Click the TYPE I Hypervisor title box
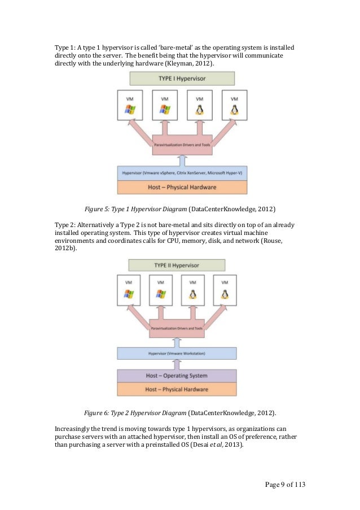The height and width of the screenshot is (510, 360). (x=182, y=79)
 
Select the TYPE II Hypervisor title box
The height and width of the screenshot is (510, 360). (x=176, y=265)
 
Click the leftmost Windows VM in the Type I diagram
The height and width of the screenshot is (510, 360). (x=130, y=104)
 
